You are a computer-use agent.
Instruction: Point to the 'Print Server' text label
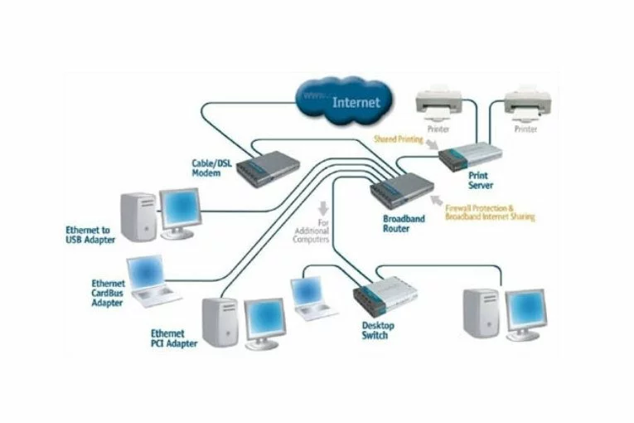[x=480, y=181]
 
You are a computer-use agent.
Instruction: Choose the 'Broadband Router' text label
[x=404, y=223]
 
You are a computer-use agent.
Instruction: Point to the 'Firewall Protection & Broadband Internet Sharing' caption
[x=489, y=212]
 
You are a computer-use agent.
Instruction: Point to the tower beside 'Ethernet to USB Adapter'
[x=138, y=216]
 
